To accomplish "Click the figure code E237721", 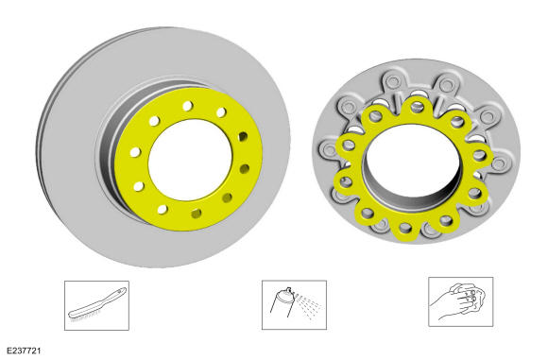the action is [x=24, y=351].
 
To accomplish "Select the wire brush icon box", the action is [x=96, y=305].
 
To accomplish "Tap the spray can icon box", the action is [x=294, y=305].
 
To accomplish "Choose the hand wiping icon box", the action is [x=461, y=302].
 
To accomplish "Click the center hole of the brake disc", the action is [x=190, y=160].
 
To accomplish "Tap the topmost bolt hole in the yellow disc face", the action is [x=188, y=106].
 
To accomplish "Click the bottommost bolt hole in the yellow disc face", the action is [x=197, y=214].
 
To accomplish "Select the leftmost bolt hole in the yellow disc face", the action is [x=135, y=152].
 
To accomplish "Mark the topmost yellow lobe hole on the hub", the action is [x=416, y=106].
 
